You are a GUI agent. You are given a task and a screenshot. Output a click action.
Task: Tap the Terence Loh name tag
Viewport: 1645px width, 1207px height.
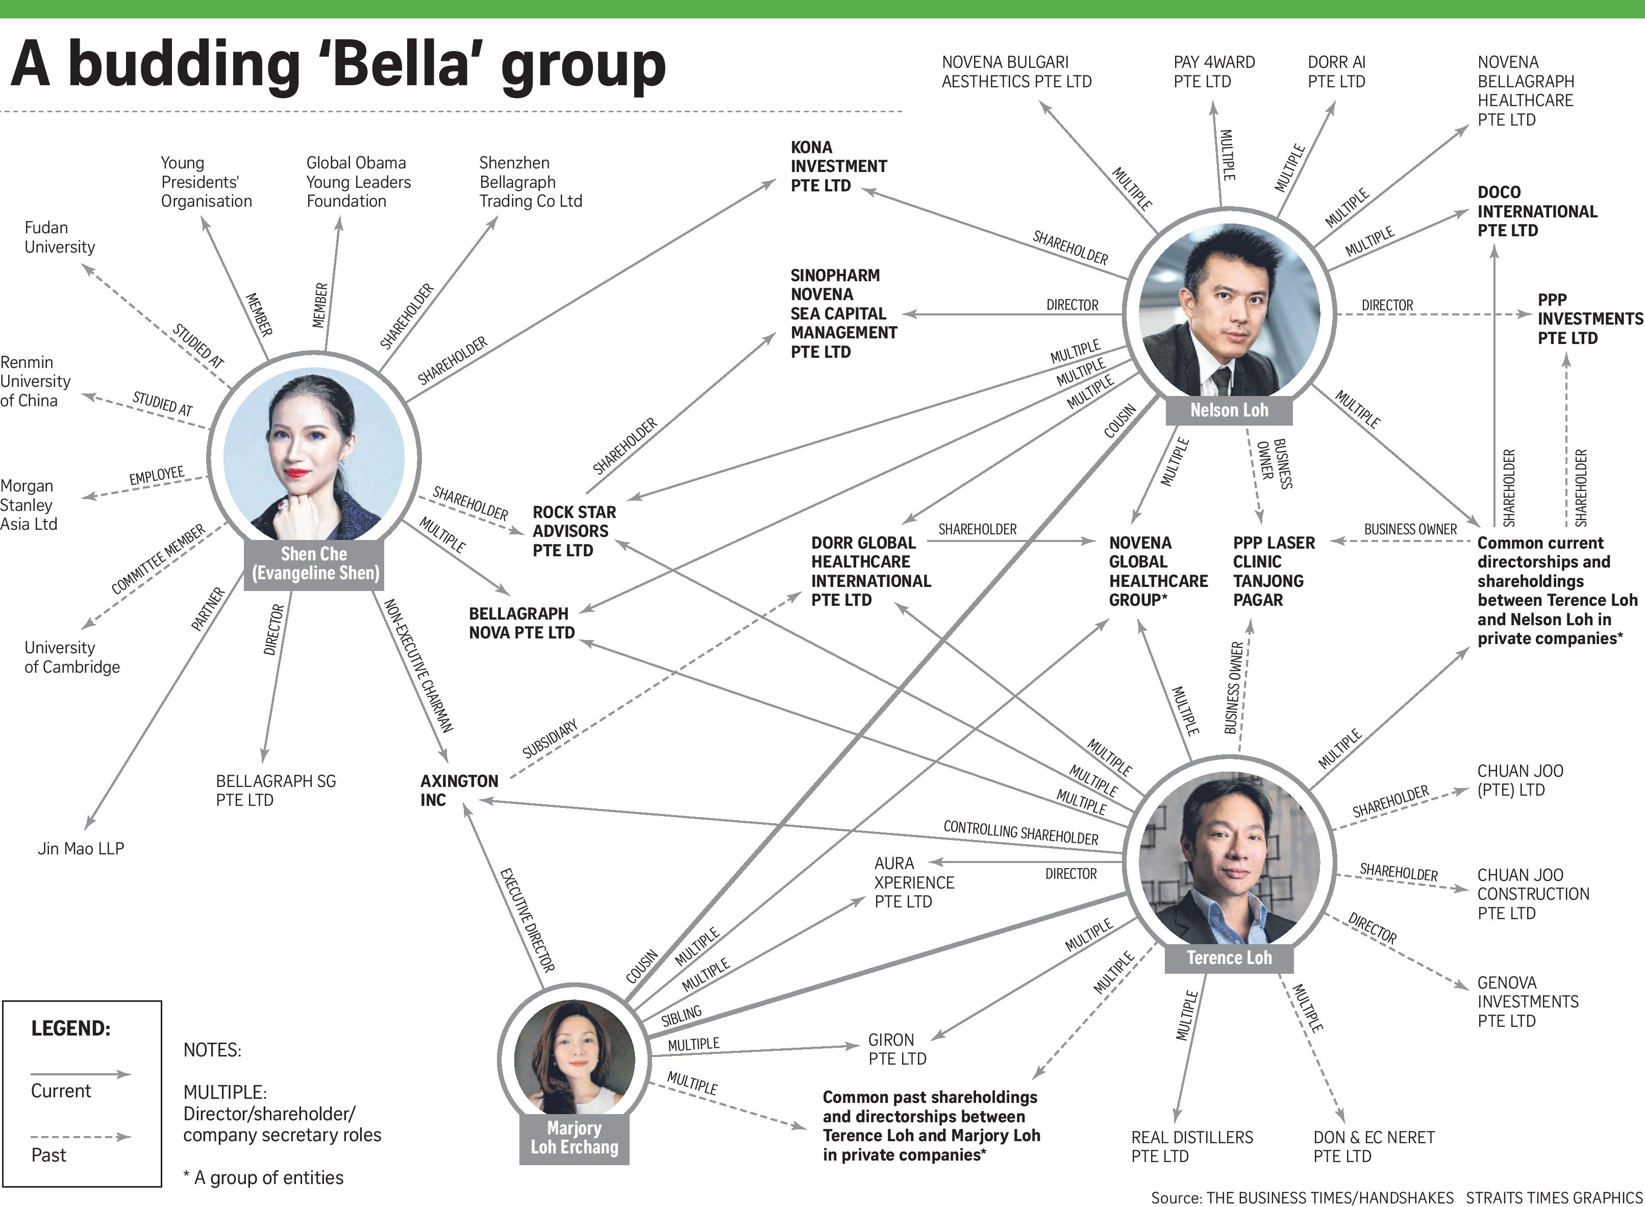point(1229,958)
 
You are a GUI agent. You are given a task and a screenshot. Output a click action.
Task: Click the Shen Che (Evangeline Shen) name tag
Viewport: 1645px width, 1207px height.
point(315,564)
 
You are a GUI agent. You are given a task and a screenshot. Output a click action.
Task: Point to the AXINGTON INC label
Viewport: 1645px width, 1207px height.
point(459,791)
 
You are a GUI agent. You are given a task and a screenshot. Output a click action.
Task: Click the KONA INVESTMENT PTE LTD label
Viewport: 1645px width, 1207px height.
point(838,166)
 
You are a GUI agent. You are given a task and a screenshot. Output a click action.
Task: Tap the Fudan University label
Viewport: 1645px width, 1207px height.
point(59,237)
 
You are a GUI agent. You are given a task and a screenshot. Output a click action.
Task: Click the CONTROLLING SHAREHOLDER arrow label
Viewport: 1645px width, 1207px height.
point(1020,833)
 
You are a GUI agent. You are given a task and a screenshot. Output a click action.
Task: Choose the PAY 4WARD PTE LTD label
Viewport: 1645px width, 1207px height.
point(1214,71)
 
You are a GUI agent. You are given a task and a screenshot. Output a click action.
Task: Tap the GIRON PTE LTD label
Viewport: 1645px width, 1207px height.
point(897,1049)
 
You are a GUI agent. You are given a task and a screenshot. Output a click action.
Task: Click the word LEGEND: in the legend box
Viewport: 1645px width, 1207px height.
point(70,1029)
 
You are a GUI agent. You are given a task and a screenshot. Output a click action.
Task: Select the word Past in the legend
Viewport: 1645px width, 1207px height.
point(48,1155)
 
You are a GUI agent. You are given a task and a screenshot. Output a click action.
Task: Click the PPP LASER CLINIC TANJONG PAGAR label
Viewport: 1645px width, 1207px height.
point(1273,572)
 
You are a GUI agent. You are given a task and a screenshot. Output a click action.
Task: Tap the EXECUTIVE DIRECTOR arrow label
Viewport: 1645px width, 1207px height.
point(527,920)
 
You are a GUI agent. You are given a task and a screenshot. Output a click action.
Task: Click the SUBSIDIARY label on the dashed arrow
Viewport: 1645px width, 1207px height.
point(550,738)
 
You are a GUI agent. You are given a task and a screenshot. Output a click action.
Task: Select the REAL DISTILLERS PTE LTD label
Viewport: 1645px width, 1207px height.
point(1191,1146)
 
